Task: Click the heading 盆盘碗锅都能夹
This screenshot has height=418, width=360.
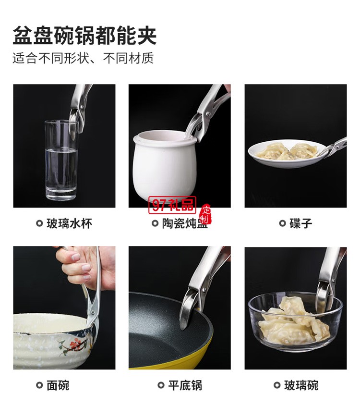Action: pos(84,36)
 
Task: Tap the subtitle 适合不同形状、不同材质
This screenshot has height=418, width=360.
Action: pos(83,59)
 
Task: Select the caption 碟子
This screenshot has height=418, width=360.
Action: pos(301,223)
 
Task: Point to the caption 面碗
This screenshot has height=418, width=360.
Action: pos(58,385)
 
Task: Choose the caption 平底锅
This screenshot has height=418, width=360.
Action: pos(185,385)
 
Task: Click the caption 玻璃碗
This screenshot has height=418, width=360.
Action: pos(301,385)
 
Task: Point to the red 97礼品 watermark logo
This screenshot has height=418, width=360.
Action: pos(172,205)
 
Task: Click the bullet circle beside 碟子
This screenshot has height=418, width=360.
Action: pos(282,223)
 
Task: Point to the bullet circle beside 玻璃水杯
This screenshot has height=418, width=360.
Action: pos(39,223)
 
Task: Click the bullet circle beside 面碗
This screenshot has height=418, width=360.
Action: pos(39,385)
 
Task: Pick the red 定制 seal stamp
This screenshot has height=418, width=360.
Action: pos(205,215)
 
